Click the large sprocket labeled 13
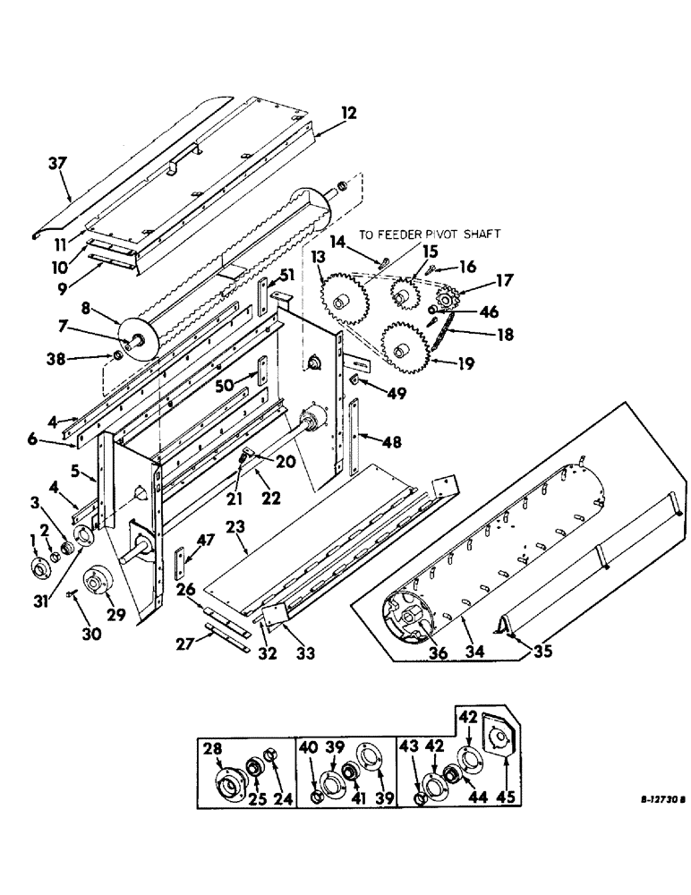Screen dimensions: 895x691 pos(344,303)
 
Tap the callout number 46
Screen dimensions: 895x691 pos(463,312)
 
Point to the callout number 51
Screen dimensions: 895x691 pos(285,274)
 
